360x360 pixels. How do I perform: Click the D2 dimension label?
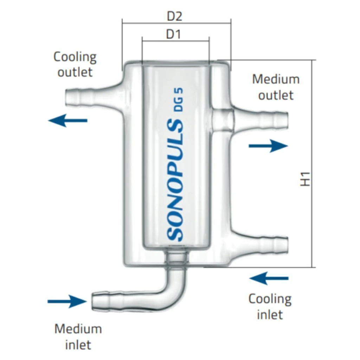point(174,16)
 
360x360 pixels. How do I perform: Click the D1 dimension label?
point(173,34)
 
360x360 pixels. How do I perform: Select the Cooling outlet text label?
point(75,64)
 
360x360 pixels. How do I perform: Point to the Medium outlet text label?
point(276,87)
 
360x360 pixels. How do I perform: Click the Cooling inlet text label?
point(270,306)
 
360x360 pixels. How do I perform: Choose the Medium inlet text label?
point(78,336)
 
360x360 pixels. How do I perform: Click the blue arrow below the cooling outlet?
point(68,120)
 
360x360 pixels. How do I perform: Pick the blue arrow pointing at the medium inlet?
point(67,301)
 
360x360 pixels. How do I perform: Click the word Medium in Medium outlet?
point(276,79)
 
